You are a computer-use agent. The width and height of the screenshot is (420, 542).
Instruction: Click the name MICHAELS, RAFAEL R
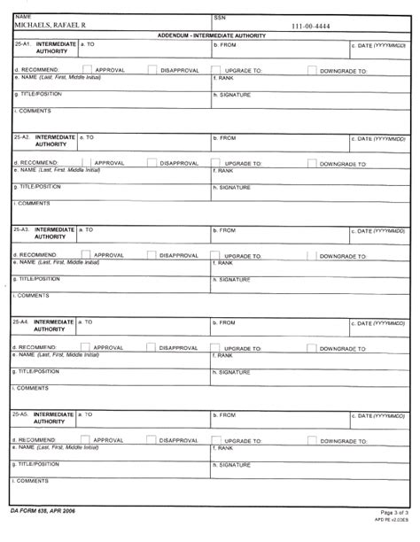(x=51, y=26)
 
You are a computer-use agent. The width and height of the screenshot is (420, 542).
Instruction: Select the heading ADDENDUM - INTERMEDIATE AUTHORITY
(x=210, y=35)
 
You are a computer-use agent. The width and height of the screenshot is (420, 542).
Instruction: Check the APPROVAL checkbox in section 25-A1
(x=87, y=68)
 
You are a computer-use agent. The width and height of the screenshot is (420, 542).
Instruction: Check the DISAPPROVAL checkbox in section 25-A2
(x=152, y=162)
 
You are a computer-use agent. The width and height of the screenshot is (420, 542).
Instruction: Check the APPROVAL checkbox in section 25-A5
(x=87, y=438)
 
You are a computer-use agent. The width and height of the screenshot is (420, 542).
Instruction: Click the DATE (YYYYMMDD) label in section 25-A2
(x=384, y=138)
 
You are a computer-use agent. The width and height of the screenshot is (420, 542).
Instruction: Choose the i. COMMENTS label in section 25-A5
(x=32, y=480)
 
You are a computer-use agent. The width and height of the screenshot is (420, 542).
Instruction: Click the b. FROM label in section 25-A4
(x=226, y=322)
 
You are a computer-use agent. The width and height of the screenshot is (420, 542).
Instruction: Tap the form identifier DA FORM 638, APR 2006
(x=45, y=513)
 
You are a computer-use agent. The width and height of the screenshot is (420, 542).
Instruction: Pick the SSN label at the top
(x=220, y=17)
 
